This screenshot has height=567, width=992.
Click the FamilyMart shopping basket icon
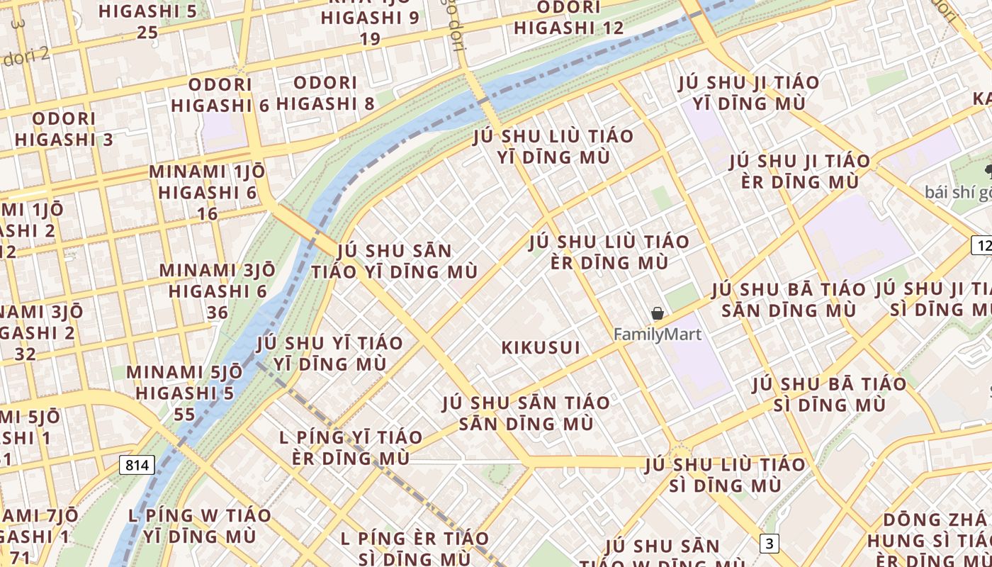click(x=658, y=313)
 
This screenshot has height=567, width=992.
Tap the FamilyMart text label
click(x=658, y=334)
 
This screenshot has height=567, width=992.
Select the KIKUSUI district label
click(x=541, y=348)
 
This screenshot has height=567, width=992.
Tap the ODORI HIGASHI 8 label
click(x=325, y=93)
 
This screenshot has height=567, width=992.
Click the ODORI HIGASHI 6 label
click(x=220, y=95)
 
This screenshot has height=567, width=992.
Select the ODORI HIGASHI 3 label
click(x=64, y=129)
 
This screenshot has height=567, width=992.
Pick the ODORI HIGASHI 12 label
click(x=569, y=18)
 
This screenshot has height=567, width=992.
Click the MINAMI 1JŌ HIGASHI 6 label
click(x=208, y=182)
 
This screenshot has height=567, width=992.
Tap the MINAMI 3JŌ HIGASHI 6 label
click(x=218, y=281)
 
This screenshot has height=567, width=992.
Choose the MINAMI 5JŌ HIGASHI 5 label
click(x=184, y=382)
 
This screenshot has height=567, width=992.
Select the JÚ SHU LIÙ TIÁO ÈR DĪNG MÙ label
click(x=609, y=252)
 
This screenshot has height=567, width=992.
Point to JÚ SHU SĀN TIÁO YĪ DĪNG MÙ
click(x=395, y=261)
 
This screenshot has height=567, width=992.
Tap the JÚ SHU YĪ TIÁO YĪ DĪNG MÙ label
click(x=329, y=353)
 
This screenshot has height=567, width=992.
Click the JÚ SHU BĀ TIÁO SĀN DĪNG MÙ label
click(x=789, y=300)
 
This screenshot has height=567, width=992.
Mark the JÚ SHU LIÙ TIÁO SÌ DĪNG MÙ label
click(x=725, y=475)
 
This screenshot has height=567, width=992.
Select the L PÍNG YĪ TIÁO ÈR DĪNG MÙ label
click(x=351, y=447)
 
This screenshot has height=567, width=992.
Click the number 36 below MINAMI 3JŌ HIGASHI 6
click(x=218, y=313)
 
